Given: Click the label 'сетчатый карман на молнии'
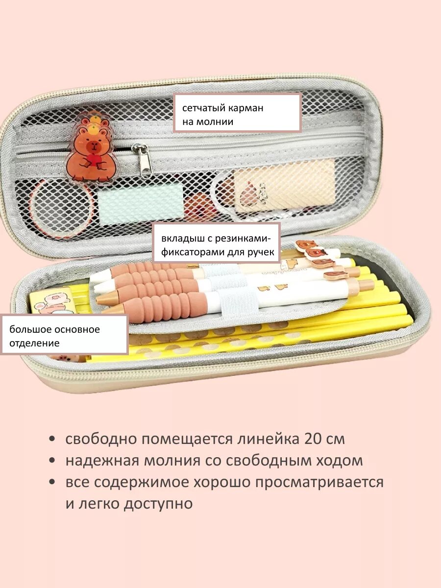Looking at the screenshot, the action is pyautogui.click(x=237, y=113).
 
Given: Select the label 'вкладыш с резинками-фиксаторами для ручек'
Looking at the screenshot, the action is pyautogui.click(x=218, y=245).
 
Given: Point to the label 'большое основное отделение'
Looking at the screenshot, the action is pyautogui.click(x=64, y=335).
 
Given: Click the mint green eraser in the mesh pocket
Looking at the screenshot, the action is pyautogui.click(x=140, y=204).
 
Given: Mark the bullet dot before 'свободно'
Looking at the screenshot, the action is pyautogui.click(x=52, y=439).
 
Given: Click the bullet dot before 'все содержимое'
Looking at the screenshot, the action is pyautogui.click(x=52, y=482).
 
